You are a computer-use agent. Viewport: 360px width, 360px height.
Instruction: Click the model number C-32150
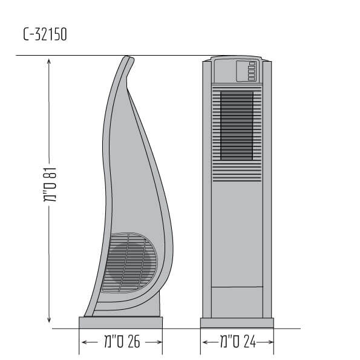(45, 34)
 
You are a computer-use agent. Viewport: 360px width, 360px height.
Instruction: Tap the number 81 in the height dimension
(50, 173)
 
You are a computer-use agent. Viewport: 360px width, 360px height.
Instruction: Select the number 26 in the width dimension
(134, 342)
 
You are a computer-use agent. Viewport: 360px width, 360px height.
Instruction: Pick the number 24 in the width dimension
(249, 341)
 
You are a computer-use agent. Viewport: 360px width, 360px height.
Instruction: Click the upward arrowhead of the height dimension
(48, 61)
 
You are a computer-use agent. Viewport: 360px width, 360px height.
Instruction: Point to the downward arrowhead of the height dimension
(49, 320)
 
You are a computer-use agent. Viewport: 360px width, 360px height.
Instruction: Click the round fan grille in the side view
(129, 263)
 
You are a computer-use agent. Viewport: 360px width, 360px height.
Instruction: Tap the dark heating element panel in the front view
(237, 126)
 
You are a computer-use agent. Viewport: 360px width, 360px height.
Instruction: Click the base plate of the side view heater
(121, 322)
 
